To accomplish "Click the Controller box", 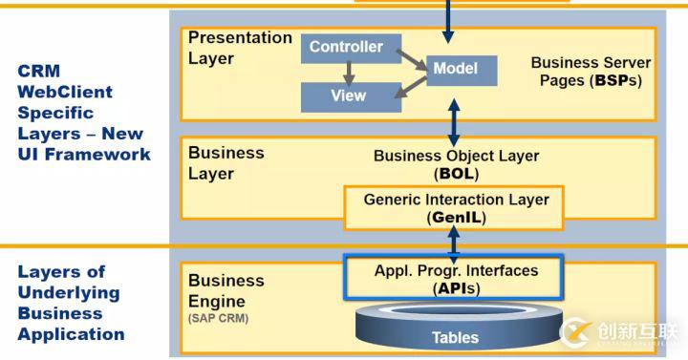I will tap(345, 48).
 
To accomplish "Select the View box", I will tap(347, 96).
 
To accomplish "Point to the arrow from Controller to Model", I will tap(408, 58).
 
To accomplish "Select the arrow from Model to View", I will tap(409, 87).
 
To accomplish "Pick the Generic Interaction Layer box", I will tap(456, 208).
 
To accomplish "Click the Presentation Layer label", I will tap(240, 48).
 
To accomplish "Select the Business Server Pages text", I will tap(591, 72).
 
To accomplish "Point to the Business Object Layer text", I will tap(456, 156).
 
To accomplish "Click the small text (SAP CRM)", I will tap(218, 318).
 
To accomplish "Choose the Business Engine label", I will tap(226, 290).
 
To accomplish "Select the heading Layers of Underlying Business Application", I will tap(71, 303).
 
